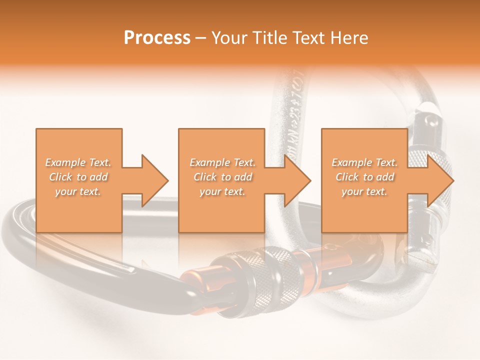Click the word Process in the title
click(x=157, y=38)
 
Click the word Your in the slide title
click(x=229, y=38)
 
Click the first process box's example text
click(x=78, y=177)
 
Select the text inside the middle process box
click(x=222, y=177)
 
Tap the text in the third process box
click(x=364, y=177)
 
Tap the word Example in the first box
click(x=64, y=162)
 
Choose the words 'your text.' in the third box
click(x=364, y=191)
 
